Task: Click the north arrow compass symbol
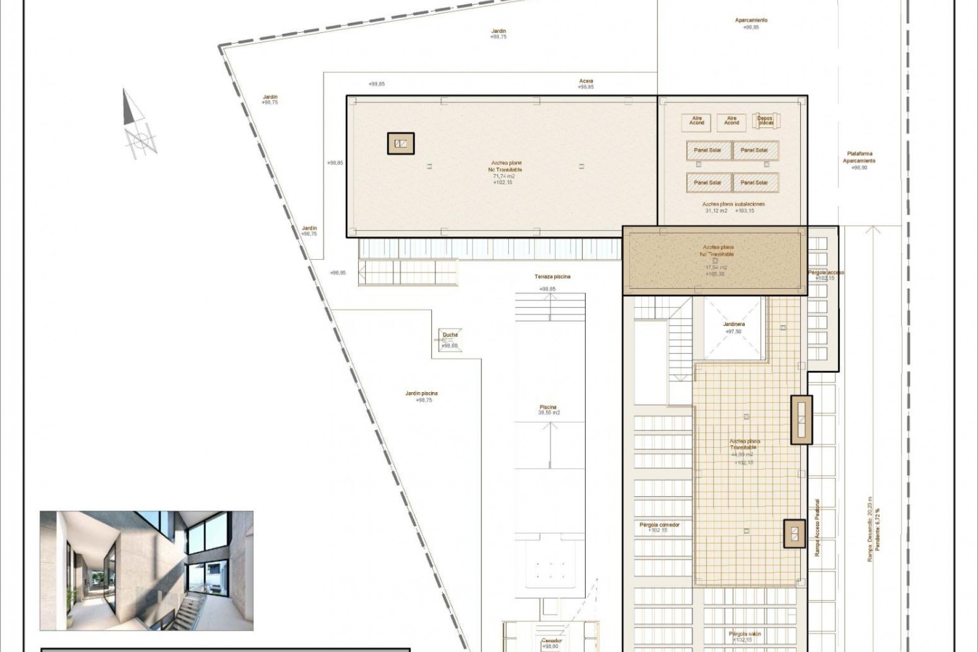138,125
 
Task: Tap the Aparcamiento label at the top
751,20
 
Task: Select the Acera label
586,81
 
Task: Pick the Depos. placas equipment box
766,121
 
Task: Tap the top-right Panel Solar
755,150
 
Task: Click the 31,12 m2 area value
716,211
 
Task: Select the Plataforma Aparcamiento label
859,157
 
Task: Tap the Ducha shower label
450,335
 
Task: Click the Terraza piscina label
552,277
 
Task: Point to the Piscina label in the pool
548,407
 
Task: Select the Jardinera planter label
733,324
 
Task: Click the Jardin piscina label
421,393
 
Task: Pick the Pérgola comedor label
659,525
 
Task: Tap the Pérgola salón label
744,634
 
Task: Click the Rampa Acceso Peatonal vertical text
817,527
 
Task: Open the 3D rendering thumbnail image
147,570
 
